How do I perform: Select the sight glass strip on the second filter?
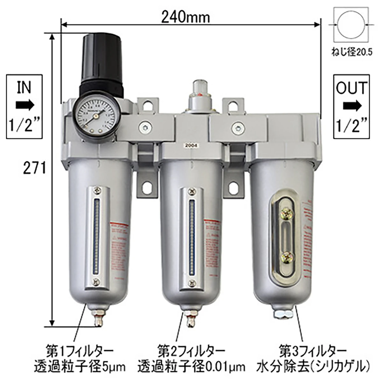click(191, 236)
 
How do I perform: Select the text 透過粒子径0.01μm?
click(191, 367)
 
